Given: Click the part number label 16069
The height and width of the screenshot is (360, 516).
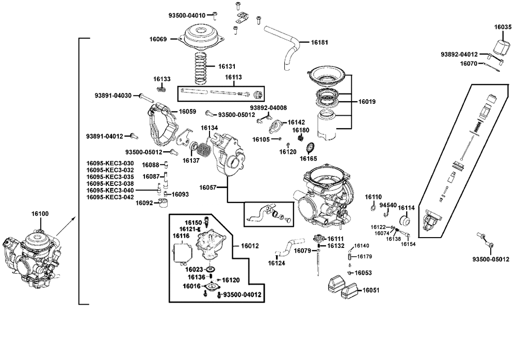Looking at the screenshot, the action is click(158, 39).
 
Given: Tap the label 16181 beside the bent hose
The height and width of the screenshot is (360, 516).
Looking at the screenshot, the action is click(319, 42).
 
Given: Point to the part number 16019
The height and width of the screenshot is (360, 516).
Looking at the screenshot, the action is click(367, 102).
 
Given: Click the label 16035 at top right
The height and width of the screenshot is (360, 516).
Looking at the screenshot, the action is click(503, 27).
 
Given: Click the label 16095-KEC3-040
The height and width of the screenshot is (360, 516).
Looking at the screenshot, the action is click(110, 191).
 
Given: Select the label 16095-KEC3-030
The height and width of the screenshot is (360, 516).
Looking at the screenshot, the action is click(110, 163).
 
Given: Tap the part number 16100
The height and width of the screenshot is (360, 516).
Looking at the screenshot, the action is click(40, 214).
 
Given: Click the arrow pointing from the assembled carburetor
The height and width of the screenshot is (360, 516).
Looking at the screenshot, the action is click(66, 226).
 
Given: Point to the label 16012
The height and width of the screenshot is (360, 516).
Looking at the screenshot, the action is click(250, 246).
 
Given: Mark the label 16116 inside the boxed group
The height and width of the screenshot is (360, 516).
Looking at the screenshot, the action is click(181, 236).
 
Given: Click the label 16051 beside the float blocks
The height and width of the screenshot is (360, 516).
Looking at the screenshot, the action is click(371, 290).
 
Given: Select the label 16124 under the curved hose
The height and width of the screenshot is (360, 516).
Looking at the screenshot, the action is click(277, 263).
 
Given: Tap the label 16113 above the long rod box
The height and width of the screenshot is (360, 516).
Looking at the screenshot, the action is click(233, 77).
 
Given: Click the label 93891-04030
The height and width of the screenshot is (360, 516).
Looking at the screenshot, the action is click(113, 96).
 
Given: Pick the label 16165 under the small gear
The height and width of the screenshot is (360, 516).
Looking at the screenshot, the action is click(308, 159).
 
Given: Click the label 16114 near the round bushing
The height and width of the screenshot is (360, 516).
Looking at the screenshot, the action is click(407, 208).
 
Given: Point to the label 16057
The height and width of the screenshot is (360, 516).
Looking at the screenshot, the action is click(207, 187).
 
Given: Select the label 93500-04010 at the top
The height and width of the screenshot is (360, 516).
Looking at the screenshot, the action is click(187, 15).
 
